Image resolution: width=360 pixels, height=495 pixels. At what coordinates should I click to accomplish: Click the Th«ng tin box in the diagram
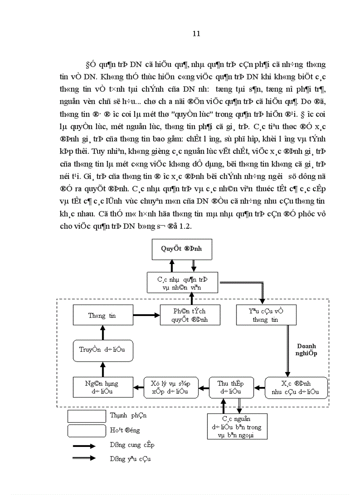(102, 316)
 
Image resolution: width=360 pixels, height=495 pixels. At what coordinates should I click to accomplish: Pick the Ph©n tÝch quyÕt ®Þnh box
(190, 316)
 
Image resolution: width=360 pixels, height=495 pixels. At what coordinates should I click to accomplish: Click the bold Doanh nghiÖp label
(306, 350)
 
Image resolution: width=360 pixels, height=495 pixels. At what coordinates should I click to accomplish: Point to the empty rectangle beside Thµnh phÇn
(87, 416)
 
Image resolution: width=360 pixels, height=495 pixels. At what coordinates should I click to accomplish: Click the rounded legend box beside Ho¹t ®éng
(87, 430)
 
